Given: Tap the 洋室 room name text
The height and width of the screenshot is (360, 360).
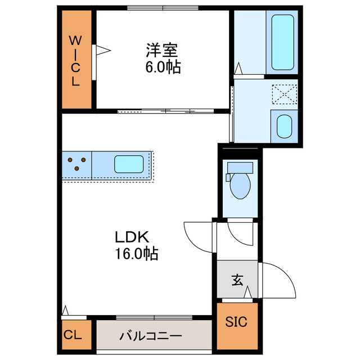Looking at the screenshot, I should coord(163,51).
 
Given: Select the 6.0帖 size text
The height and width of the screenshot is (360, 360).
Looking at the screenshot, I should coord(163,67).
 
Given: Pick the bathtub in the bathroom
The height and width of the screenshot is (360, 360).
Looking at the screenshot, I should coord(282,41).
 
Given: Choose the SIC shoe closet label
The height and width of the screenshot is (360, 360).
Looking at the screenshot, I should coord(236,322).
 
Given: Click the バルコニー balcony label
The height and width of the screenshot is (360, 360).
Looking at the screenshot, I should coord(150,336).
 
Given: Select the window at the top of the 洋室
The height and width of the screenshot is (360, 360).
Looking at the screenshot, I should coord(163,8).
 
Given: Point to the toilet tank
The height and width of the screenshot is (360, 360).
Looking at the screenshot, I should coord(240,168).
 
